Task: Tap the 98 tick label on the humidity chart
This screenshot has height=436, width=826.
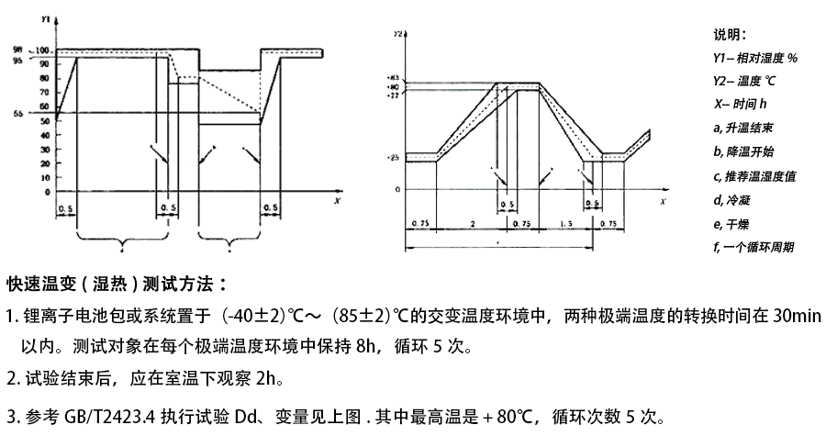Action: (x=43, y=48)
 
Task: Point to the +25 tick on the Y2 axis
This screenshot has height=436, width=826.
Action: (x=393, y=158)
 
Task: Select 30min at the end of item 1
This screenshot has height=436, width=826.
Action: (x=796, y=317)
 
